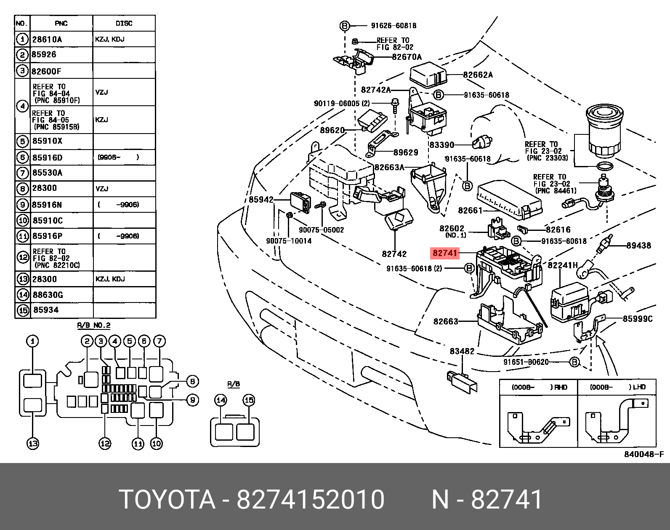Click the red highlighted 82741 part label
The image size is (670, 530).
[x=444, y=253]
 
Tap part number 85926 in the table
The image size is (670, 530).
[x=44, y=55]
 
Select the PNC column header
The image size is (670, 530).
[x=61, y=24]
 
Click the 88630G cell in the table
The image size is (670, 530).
[x=48, y=294]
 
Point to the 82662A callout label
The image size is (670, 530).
[x=478, y=75]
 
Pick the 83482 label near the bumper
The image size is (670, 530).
[x=462, y=351]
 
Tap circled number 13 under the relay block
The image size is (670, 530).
[x=33, y=443]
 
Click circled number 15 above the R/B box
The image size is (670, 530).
[x=249, y=400]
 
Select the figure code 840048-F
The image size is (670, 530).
[x=644, y=454]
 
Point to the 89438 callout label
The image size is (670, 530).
[x=638, y=246]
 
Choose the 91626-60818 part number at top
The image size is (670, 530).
[x=393, y=26]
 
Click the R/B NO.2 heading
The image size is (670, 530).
[x=94, y=326]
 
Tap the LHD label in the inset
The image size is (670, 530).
[x=639, y=387]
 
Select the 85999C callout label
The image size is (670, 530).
[x=638, y=319]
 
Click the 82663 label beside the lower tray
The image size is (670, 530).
[x=446, y=321]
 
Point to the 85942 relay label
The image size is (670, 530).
[x=261, y=200]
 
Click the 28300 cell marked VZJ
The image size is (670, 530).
[x=45, y=188]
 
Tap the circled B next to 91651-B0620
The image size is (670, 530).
[x=574, y=362]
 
